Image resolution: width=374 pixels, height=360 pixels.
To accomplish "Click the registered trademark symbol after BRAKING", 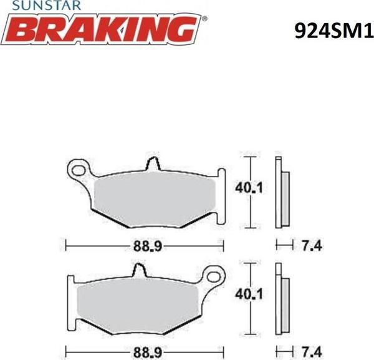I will (206, 19).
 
